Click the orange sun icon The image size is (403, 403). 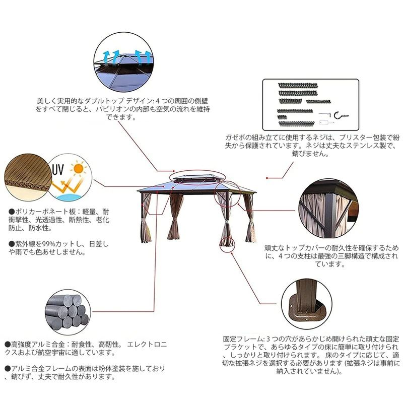pos(78,168)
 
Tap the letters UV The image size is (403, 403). pos(58,169)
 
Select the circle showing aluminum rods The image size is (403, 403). pos(68,312)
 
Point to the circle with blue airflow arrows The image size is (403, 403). pos(123,62)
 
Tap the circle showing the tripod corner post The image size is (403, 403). pos(328,209)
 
